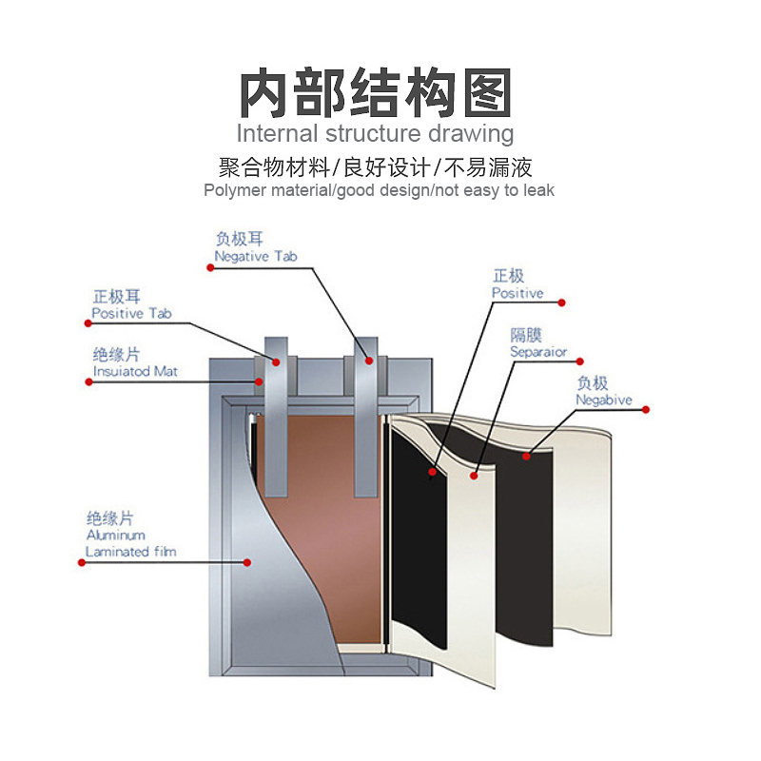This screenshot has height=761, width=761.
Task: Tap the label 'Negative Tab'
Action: click(255, 257)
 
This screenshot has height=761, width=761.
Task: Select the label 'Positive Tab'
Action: click(131, 313)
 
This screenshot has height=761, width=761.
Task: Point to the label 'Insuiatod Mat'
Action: click(135, 371)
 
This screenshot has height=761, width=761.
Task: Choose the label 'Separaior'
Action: click(538, 352)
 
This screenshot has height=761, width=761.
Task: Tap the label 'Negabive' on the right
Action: click(603, 400)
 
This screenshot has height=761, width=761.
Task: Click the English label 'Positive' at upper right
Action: click(517, 293)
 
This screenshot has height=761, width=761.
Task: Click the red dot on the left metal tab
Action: click(277, 361)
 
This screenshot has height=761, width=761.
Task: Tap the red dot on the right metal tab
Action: click(369, 361)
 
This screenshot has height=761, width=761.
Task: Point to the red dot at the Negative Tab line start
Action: click(208, 267)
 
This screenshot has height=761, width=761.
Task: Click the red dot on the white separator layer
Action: click(475, 471)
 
